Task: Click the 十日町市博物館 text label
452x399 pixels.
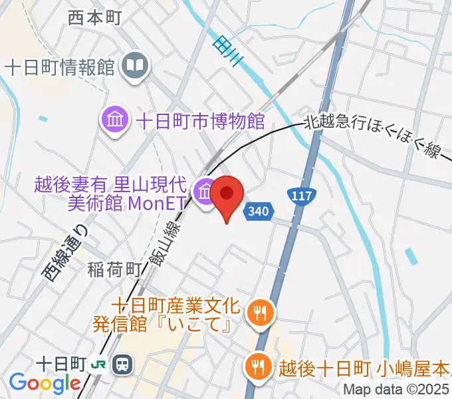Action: [200, 121]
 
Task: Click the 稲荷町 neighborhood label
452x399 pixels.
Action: [115, 269]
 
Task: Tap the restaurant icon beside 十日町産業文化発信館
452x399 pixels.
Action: [257, 311]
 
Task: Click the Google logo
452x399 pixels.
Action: [45, 383]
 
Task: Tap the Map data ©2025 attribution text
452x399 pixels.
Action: [397, 390]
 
